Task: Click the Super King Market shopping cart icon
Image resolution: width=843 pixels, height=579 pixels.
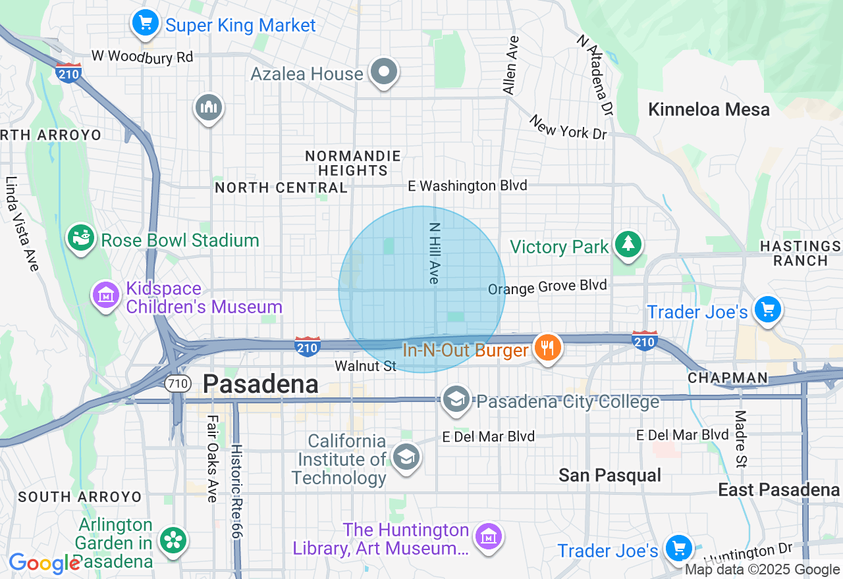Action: (146, 24)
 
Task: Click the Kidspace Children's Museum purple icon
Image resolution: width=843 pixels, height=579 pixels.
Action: (105, 295)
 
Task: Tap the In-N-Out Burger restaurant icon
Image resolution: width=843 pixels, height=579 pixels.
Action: (547, 348)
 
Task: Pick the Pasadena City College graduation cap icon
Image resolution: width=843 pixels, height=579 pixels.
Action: (456, 399)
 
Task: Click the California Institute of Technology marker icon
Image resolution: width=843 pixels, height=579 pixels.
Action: (406, 456)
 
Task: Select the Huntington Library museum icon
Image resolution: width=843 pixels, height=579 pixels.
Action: (489, 537)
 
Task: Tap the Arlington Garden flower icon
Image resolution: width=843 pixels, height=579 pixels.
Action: (173, 541)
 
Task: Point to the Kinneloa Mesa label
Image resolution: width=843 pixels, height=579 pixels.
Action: (709, 109)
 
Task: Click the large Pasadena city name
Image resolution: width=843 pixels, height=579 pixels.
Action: (261, 384)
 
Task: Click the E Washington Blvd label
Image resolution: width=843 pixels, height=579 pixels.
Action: (468, 186)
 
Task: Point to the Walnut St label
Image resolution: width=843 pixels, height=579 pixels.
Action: (366, 366)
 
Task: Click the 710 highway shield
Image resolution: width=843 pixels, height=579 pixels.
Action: (178, 383)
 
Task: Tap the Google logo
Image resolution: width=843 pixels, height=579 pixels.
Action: (44, 563)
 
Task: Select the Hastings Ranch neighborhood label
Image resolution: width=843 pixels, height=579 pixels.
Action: (800, 253)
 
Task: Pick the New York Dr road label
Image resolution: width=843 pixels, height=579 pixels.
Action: (568, 127)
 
